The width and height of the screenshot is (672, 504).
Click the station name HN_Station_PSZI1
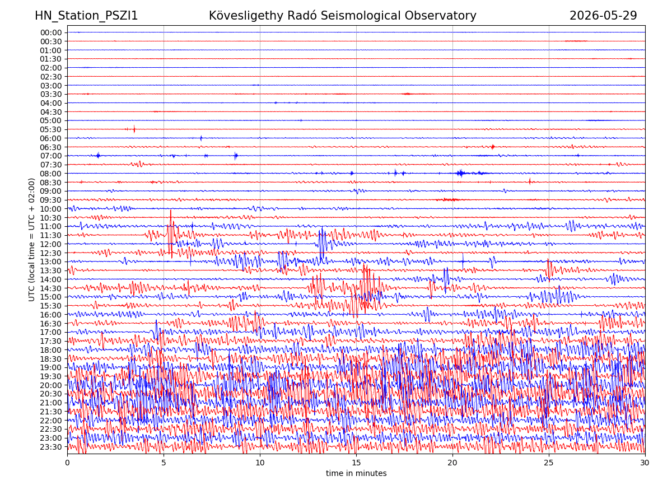[86, 16]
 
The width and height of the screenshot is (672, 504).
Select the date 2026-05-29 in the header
[603, 16]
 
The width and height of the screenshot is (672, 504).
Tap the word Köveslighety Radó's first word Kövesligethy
[246, 16]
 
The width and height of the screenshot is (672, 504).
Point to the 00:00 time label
[51, 32]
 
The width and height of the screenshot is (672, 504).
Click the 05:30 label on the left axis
[51, 130]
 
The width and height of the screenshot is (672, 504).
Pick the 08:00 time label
[51, 174]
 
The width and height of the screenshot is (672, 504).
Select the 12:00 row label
[51, 245]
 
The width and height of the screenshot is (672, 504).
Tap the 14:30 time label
[51, 288]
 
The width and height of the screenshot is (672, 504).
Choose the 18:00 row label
[51, 350]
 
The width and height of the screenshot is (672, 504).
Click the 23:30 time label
[51, 447]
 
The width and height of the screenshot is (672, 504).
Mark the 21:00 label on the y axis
[51, 403]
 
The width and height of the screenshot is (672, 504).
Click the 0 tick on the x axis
[67, 463]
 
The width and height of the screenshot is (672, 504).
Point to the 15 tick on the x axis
[356, 463]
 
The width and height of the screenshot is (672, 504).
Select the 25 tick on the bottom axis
[549, 463]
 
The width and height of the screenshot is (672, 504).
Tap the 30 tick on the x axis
[645, 463]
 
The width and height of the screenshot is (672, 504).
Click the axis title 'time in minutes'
[356, 473]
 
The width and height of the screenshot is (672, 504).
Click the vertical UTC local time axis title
[31, 240]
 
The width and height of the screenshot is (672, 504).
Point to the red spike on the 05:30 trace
[134, 129]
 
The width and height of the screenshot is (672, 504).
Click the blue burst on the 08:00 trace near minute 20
[460, 173]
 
